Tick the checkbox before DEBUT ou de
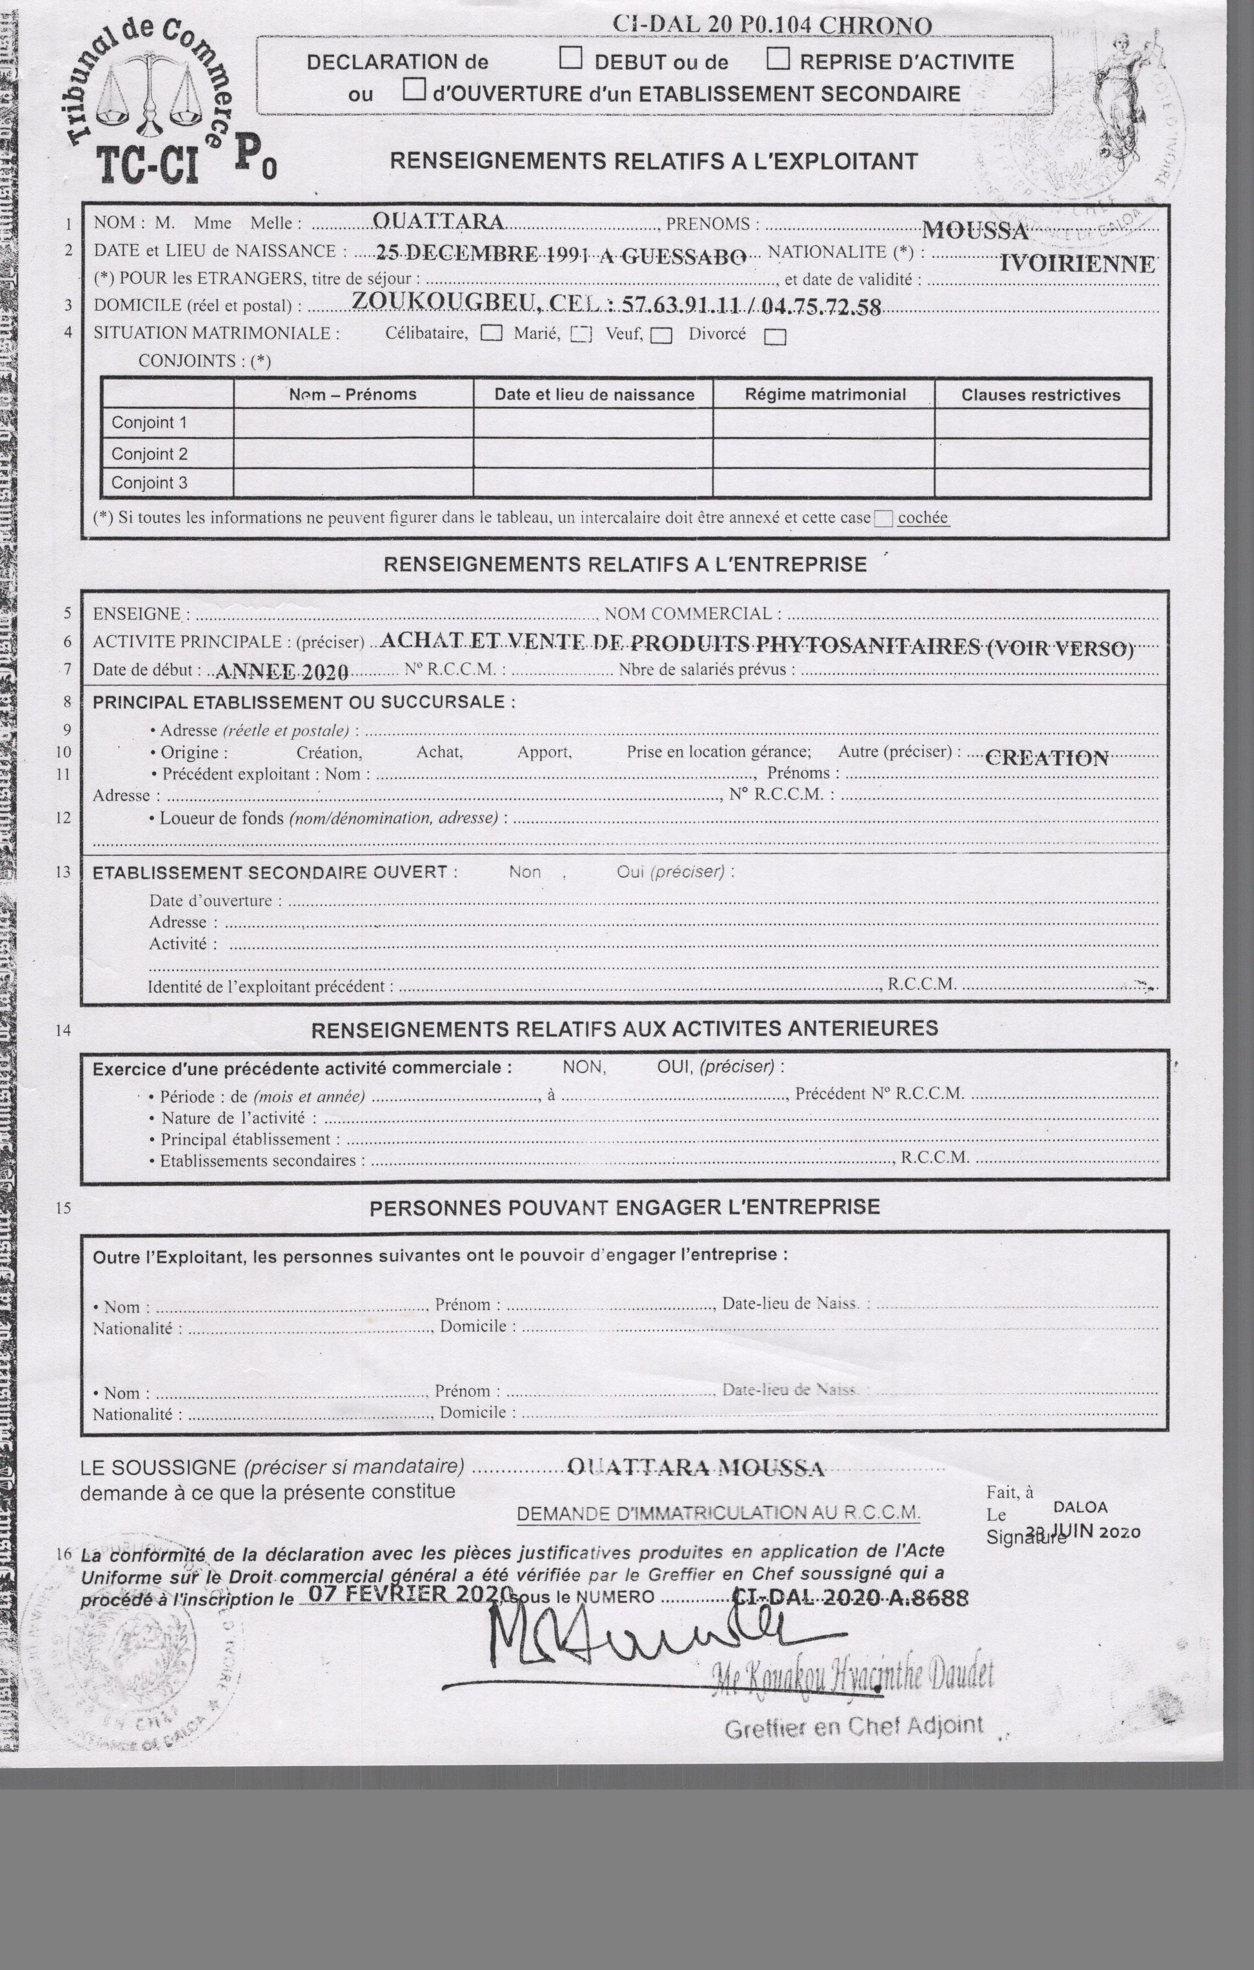tap(570, 58)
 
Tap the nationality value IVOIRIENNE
tap(1077, 263)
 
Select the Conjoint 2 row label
tap(150, 453)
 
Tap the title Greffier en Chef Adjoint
tap(854, 1726)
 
